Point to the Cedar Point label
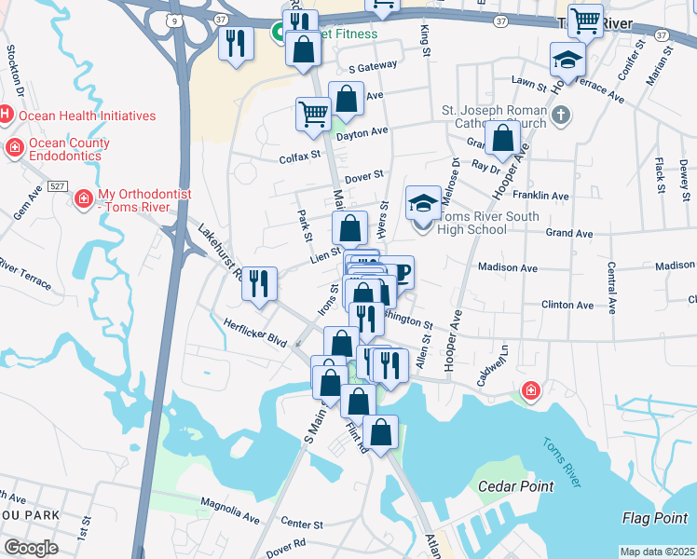coord(515,486)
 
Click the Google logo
coord(31,547)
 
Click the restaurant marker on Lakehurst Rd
coord(260,281)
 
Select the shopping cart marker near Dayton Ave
coord(313,114)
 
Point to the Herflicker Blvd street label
coord(254,334)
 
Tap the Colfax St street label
coord(299,158)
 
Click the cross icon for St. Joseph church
coord(560,116)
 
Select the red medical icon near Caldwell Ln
coord(531,389)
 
